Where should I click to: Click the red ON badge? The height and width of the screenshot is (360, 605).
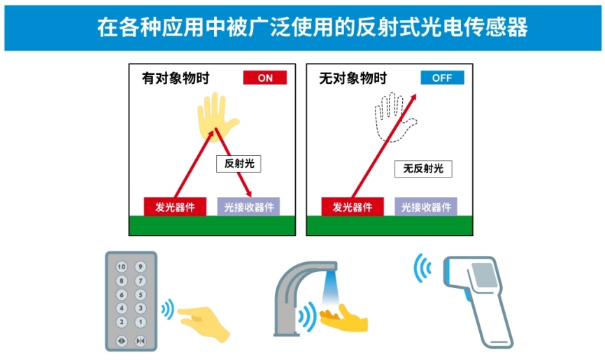tap(264, 78)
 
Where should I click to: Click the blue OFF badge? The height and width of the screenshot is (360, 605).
tap(442, 78)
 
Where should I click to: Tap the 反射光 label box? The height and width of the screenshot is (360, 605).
tap(239, 164)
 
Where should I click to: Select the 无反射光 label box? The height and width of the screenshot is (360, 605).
tap(423, 169)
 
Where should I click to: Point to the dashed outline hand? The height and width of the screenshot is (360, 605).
tap(394, 117)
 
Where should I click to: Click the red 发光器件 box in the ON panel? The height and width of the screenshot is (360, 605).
tap(175, 207)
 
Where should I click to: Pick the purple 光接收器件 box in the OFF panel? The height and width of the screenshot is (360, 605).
tap(426, 207)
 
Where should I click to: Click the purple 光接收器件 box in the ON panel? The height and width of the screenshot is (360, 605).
tap(248, 207)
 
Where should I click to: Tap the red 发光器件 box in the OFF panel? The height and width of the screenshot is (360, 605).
tap(353, 207)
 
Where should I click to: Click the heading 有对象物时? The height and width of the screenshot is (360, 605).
tap(176, 78)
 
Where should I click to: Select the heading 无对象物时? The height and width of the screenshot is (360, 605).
tap(353, 78)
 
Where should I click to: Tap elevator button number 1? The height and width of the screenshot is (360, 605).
tap(141, 322)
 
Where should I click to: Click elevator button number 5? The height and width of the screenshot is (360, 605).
tap(141, 295)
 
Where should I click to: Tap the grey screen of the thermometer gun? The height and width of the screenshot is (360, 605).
tap(483, 275)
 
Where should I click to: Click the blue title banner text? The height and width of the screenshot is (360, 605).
tap(312, 27)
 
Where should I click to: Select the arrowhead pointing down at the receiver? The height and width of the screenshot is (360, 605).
tap(248, 193)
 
